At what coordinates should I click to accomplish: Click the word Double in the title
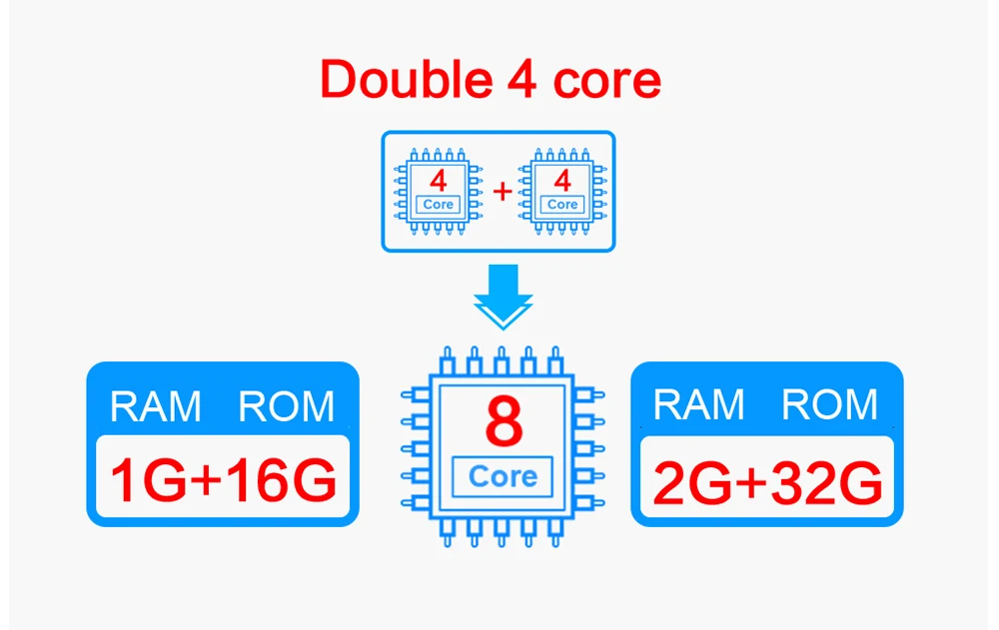[406, 79]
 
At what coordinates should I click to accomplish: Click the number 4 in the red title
[521, 79]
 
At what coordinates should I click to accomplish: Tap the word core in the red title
[607, 83]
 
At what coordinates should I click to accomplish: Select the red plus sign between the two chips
[502, 191]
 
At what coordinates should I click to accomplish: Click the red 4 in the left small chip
[438, 181]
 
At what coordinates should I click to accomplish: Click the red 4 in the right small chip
[561, 181]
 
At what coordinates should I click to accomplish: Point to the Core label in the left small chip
[438, 205]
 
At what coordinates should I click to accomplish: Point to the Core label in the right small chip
[561, 205]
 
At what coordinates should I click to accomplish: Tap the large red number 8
[503, 421]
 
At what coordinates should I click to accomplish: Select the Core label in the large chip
[502, 476]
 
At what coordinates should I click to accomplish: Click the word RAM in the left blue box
[156, 405]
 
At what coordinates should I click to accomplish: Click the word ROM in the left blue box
[286, 405]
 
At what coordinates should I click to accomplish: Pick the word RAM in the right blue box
[699, 404]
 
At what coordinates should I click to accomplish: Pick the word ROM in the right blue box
[829, 404]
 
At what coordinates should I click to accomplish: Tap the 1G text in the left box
[149, 480]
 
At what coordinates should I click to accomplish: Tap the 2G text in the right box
[693, 483]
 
